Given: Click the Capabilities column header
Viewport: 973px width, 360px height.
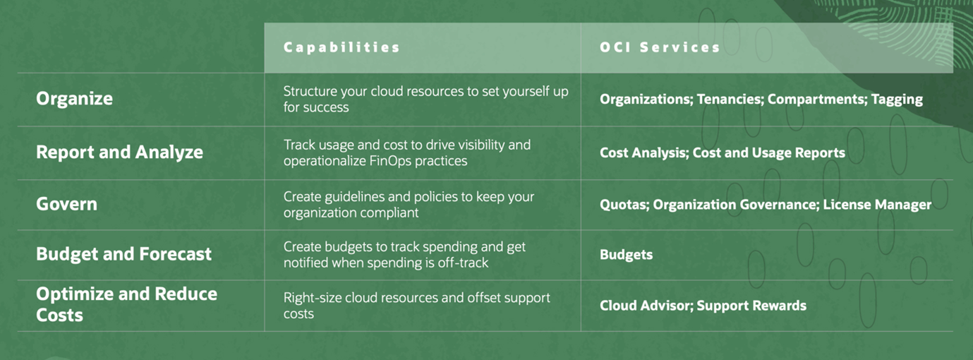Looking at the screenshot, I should pyautogui.click(x=342, y=47).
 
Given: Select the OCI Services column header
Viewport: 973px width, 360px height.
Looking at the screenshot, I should pyautogui.click(x=660, y=47).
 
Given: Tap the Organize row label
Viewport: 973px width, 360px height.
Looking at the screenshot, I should pyautogui.click(x=74, y=99).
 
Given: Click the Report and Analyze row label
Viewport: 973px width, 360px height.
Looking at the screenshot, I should pyautogui.click(x=119, y=152).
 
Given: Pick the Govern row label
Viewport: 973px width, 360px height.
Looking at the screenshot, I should pyautogui.click(x=66, y=204).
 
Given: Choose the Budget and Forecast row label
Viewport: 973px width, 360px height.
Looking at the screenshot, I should pyautogui.click(x=123, y=254).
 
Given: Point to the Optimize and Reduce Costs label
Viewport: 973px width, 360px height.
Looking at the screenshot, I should pyautogui.click(x=126, y=304).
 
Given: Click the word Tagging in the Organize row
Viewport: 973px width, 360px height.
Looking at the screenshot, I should pyautogui.click(x=897, y=99).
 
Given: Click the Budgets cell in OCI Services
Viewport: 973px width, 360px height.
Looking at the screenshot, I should pyautogui.click(x=626, y=255).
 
